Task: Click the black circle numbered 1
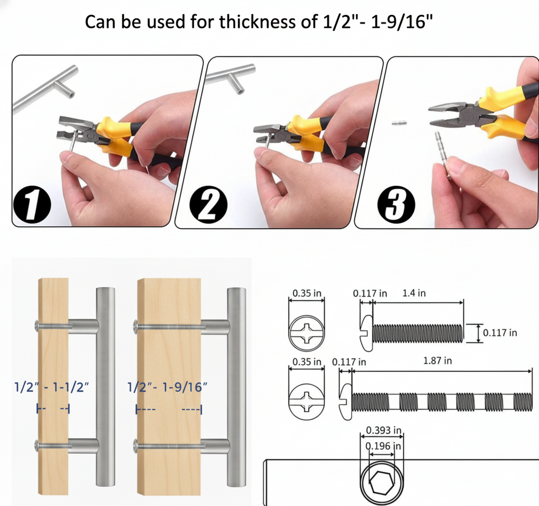pyautogui.click(x=32, y=205)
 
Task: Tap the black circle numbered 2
pyautogui.click(x=208, y=205)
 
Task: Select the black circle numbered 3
pyautogui.click(x=396, y=205)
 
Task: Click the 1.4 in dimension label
pyautogui.click(x=414, y=293)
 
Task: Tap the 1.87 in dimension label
pyautogui.click(x=437, y=361)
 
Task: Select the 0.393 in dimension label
pyautogui.click(x=384, y=430)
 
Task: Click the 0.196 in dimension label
pyautogui.click(x=383, y=446)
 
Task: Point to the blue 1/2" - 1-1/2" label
pyautogui.click(x=52, y=387)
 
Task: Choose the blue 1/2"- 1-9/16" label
pyautogui.click(x=167, y=387)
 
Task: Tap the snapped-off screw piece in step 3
pyautogui.click(x=399, y=122)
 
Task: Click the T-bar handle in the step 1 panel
pyautogui.click(x=45, y=88)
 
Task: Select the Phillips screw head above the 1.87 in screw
pyautogui.click(x=306, y=400)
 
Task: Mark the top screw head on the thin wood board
pyautogui.click(x=37, y=325)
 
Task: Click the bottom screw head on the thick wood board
pyautogui.click(x=135, y=446)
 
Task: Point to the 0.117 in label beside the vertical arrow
pyautogui.click(x=500, y=332)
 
